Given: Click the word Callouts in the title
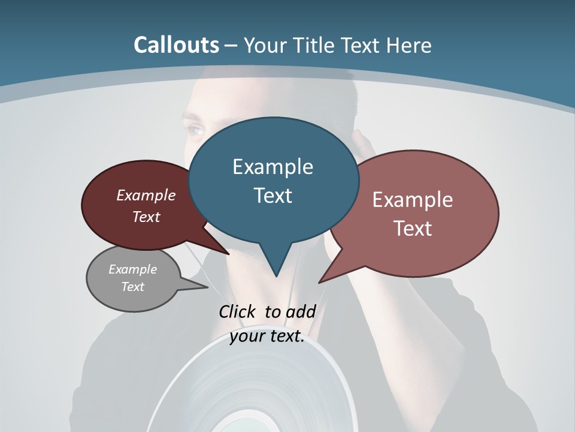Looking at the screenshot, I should pos(176,45).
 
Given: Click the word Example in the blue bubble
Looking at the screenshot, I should pos(273,167).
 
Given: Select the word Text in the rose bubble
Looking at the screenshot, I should pos(413,229).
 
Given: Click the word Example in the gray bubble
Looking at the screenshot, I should pos(132,269).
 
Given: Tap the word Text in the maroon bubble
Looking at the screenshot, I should pos(146,217).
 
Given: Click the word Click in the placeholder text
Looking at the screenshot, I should pos(238,311).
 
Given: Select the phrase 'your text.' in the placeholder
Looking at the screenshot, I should pos(267,336).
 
